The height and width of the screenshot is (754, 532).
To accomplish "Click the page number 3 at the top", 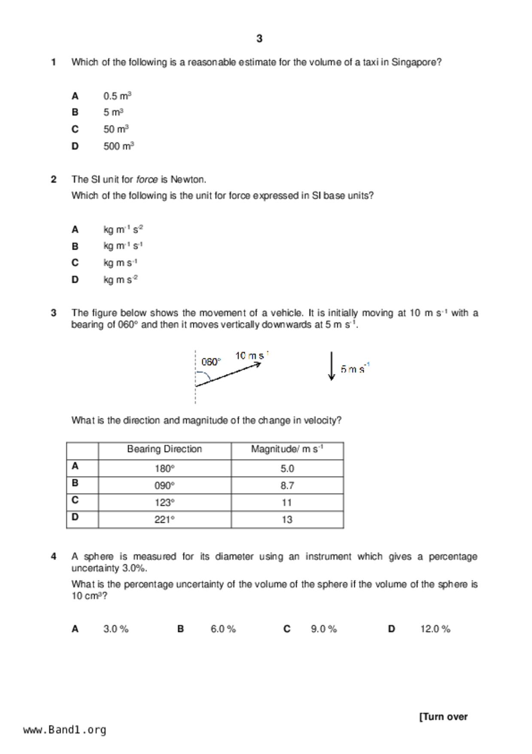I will click(x=259, y=39).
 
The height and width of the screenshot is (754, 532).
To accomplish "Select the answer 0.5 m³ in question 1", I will click(x=117, y=96).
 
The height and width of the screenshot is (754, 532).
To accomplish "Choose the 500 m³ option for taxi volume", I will click(x=119, y=146).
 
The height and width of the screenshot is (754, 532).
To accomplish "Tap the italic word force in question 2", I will click(x=147, y=179).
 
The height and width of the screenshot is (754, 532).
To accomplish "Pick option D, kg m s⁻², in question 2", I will click(x=120, y=280).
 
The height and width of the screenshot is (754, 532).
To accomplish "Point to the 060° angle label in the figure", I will click(x=211, y=362).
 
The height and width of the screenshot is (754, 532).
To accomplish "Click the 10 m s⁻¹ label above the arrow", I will click(x=252, y=356).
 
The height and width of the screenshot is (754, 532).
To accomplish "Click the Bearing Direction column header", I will click(x=164, y=449).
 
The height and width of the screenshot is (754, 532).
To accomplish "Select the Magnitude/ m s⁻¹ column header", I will click(x=287, y=449).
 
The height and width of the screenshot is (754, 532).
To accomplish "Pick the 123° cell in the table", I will click(x=164, y=503).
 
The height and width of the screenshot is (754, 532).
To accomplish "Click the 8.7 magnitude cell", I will click(x=287, y=486).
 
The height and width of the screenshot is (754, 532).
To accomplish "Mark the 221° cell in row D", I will click(x=164, y=520).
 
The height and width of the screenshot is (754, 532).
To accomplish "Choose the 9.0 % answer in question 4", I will click(x=324, y=629).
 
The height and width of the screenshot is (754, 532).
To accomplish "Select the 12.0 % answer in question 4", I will click(x=435, y=629).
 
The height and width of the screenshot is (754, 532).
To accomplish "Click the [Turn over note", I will click(x=443, y=717).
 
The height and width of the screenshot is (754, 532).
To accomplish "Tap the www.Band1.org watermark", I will click(x=65, y=729).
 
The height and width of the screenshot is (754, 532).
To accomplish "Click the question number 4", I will click(x=54, y=557).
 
